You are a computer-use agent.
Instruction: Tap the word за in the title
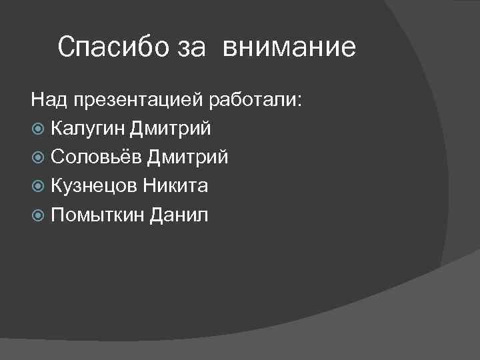pyautogui.click(x=191, y=49)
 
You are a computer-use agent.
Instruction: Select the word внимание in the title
pyautogui.click(x=289, y=48)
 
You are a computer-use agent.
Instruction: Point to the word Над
pyautogui.click(x=49, y=100)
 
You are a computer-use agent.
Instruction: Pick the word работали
pyautogui.click(x=253, y=100)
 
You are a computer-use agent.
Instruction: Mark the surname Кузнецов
pyautogui.click(x=93, y=186)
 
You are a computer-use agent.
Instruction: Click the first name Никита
pyautogui.click(x=175, y=186)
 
